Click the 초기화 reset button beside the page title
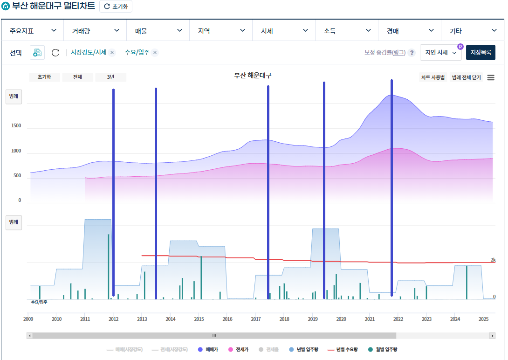116,7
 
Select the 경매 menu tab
409,31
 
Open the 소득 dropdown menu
346,31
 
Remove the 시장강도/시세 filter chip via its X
112,53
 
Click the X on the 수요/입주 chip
155,53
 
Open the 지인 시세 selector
440,53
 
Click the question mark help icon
412,53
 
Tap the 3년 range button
110,77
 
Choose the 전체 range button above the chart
77,77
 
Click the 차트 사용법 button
433,77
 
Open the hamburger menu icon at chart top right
491,77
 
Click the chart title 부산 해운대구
253,76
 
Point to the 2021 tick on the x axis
370,319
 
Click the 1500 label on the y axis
16,126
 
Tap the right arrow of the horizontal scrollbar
492,335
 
